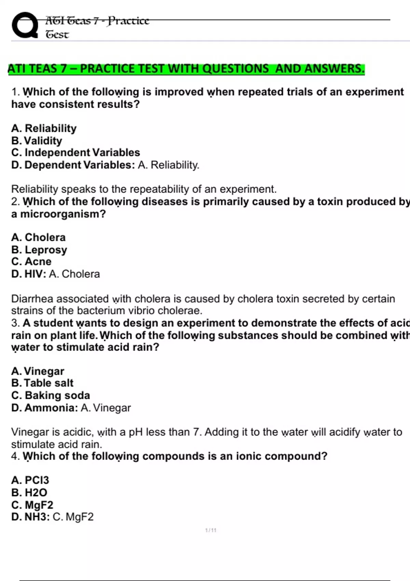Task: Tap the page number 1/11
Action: (x=211, y=530)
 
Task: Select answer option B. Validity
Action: (x=37, y=140)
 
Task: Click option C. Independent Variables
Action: (x=76, y=152)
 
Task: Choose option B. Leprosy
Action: (x=39, y=250)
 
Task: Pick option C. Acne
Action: (x=31, y=261)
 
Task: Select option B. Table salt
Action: (x=42, y=383)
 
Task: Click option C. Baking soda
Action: (x=51, y=395)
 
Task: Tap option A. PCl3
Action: (x=30, y=480)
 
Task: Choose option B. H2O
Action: (x=29, y=492)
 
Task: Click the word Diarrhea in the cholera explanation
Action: (x=32, y=299)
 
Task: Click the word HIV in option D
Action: (x=35, y=274)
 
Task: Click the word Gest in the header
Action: (x=57, y=35)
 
